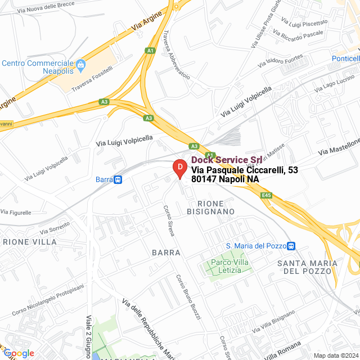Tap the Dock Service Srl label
pos(223,160)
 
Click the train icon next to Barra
pos(118,179)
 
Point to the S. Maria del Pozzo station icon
pos(291,246)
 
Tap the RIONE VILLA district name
pos(30,242)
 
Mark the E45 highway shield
pos(267,195)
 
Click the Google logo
pos(19,353)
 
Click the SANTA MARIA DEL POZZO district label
pos(307,267)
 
